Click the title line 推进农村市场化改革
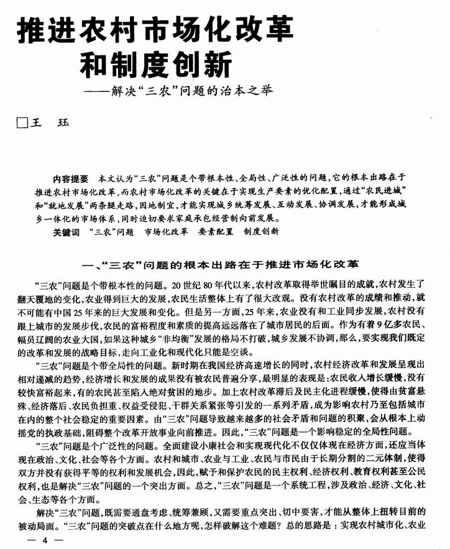[154, 30]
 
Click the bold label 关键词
[67, 231]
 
